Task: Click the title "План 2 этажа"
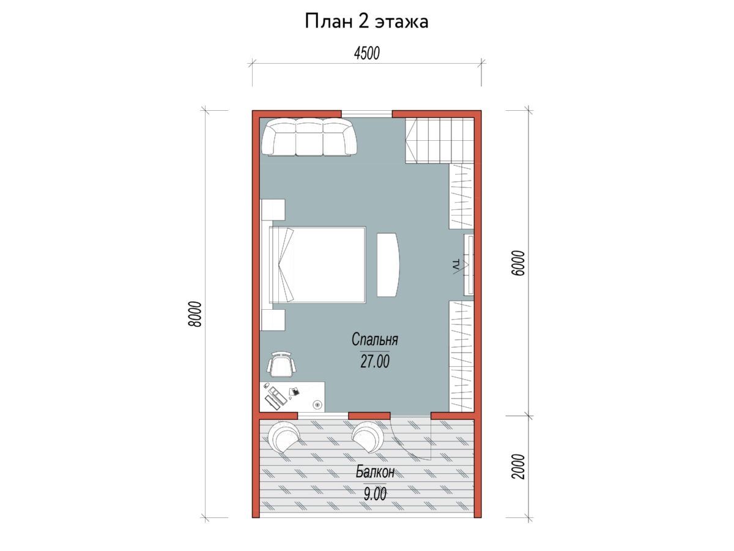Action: coord(366,21)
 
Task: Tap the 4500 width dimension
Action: coord(367,53)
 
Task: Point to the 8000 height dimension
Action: coord(195,314)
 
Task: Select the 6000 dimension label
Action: coord(518,263)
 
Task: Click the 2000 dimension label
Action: coord(518,467)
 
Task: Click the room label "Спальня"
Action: coord(374,340)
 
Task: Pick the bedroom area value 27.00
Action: coord(375,362)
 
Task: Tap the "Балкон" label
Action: coord(375,472)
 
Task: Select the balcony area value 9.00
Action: coord(375,494)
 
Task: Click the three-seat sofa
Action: coord(310,137)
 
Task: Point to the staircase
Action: coord(440,141)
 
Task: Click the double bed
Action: coord(317,265)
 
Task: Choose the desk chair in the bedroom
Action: coord(281,364)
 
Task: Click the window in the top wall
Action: coord(366,114)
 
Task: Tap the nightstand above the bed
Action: coord(273,210)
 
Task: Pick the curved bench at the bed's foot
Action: coord(388,265)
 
